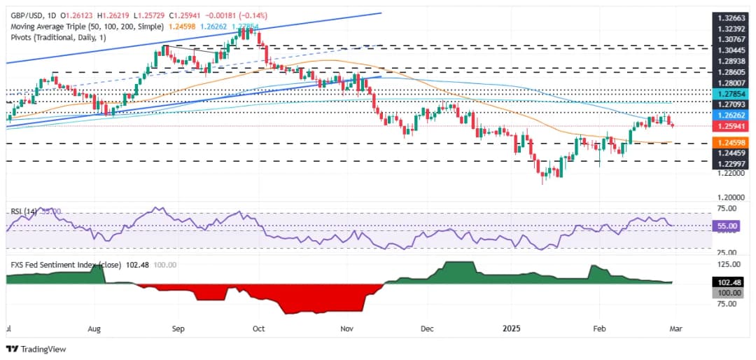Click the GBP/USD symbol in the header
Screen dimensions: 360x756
25,15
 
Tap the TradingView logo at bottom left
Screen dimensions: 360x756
35,349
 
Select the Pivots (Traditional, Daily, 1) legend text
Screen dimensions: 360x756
57,37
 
